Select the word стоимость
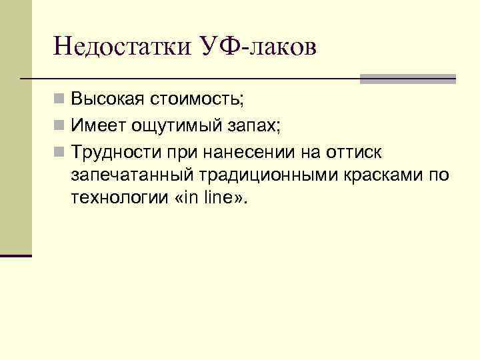point(197,100)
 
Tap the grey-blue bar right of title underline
point(407,79)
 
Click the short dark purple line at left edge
point(16,255)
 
